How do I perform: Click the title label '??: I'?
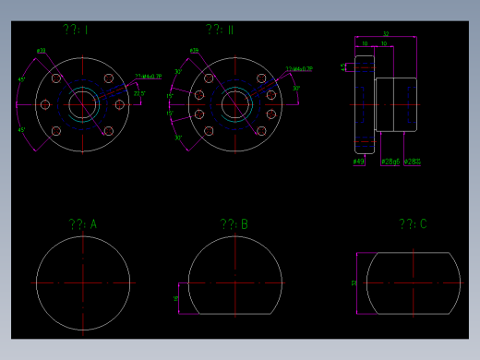(x=76, y=30)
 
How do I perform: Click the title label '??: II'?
(x=220, y=30)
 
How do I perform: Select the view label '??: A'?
(x=82, y=224)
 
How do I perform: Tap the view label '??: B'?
(x=234, y=224)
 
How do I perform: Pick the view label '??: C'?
(x=413, y=224)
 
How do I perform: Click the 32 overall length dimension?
(x=386, y=35)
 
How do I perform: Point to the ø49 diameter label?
(x=359, y=162)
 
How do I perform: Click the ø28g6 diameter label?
(x=390, y=162)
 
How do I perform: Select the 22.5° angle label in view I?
(x=139, y=93)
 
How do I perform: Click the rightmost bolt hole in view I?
(x=120, y=104)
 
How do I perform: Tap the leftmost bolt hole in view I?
(x=45, y=104)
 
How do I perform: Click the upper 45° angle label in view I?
(x=22, y=80)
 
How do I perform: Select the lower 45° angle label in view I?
(x=22, y=129)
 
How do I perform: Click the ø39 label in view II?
(x=195, y=51)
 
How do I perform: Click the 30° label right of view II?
(x=296, y=89)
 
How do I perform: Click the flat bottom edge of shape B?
(x=234, y=314)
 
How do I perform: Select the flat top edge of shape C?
(x=413, y=252)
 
